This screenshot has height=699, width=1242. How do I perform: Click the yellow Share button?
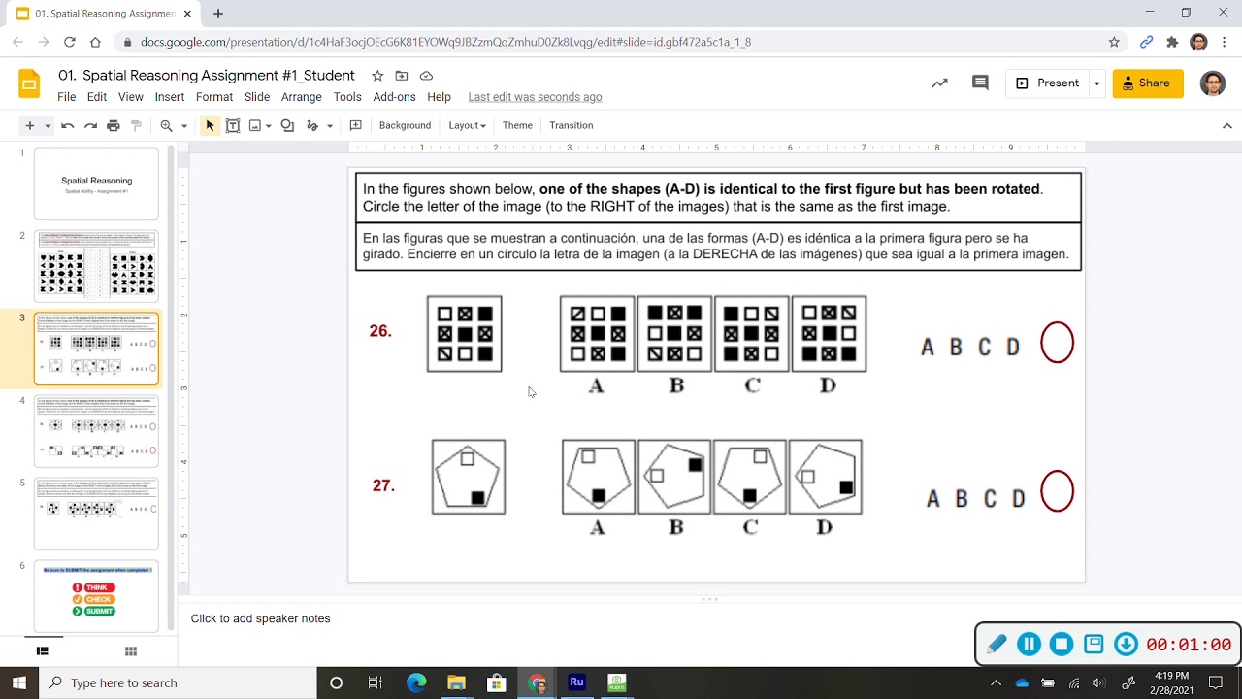(1147, 83)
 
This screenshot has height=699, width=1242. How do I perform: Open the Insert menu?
(169, 97)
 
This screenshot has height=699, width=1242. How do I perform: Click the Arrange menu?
(301, 97)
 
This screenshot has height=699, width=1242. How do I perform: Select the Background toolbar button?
(405, 125)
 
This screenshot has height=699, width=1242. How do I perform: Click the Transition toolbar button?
(571, 125)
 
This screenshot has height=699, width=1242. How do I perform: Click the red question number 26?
(380, 331)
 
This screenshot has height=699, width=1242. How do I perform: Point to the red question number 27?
(383, 485)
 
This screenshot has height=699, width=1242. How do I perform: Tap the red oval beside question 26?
(1057, 343)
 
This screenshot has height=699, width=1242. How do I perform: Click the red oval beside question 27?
(1057, 491)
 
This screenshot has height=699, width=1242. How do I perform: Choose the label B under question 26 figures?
(676, 385)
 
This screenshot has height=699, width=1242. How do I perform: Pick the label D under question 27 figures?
(824, 527)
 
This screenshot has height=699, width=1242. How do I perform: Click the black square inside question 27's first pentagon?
(477, 498)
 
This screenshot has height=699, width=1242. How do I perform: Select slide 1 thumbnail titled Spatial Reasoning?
(96, 183)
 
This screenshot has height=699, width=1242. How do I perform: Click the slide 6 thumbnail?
(96, 596)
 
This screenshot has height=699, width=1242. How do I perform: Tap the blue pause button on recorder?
(1029, 644)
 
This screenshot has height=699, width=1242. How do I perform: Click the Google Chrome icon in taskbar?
(537, 682)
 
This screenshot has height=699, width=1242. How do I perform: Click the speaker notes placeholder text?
(260, 618)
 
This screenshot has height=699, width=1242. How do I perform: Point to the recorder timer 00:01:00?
(1188, 645)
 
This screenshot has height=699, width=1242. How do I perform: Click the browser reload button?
(70, 42)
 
